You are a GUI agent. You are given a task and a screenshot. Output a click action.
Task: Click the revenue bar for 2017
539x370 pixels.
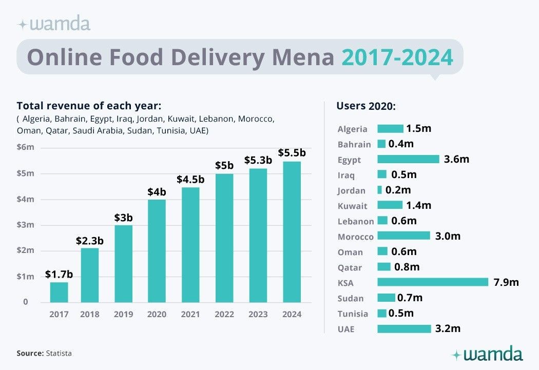pyautogui.click(x=59, y=292)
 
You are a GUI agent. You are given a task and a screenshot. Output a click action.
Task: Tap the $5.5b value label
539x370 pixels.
pyautogui.click(x=292, y=152)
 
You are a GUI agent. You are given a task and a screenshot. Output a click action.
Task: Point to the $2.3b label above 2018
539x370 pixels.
pyautogui.click(x=90, y=240)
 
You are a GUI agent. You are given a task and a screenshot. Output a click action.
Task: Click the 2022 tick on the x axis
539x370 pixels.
pyautogui.click(x=224, y=314)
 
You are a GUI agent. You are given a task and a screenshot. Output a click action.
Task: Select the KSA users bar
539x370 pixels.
pyautogui.click(x=432, y=282)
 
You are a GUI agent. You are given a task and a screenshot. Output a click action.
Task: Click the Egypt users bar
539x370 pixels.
pyautogui.click(x=408, y=159)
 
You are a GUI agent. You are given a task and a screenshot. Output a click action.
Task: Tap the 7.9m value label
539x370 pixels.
pyautogui.click(x=507, y=282)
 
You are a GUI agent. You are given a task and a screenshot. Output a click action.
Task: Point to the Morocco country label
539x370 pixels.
pyautogui.click(x=356, y=237)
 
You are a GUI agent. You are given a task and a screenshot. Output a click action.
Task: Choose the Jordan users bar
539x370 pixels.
pyautogui.click(x=380, y=190)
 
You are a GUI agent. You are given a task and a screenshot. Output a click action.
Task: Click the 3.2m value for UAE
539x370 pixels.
pyautogui.click(x=448, y=328)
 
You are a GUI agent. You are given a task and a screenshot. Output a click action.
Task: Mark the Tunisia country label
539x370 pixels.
pyautogui.click(x=353, y=314)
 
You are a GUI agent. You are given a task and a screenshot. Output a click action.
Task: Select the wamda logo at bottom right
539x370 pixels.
pyautogui.click(x=487, y=354)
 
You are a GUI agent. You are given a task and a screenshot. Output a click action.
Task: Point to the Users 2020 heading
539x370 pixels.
pyautogui.click(x=366, y=106)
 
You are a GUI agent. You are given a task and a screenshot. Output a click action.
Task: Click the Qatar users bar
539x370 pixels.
pyautogui.click(x=384, y=267)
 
